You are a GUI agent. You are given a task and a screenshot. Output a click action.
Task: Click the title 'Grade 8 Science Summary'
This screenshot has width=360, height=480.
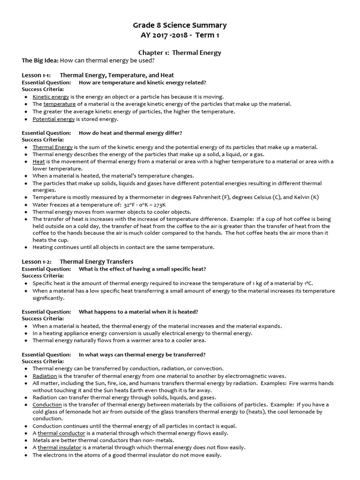click(x=180, y=25)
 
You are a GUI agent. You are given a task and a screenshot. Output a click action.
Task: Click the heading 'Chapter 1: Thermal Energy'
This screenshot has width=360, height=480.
click(x=180, y=53)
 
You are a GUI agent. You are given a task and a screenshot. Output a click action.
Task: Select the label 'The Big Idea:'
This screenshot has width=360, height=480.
click(x=40, y=60)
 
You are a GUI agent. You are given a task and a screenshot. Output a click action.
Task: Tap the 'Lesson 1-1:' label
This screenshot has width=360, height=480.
click(x=37, y=75)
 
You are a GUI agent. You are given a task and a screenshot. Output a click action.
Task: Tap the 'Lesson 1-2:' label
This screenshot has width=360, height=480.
click(x=37, y=262)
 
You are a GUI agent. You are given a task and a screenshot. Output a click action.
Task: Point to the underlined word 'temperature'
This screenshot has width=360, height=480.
click(x=60, y=104)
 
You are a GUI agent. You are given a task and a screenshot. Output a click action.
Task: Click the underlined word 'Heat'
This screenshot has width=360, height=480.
click(x=38, y=162)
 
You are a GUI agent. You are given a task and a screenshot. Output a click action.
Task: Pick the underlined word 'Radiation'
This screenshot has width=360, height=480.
click(x=45, y=376)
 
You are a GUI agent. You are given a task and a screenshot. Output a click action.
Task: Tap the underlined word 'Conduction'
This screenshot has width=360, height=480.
click(x=47, y=405)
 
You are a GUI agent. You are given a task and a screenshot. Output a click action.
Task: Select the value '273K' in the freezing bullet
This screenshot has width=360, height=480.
click(x=159, y=205)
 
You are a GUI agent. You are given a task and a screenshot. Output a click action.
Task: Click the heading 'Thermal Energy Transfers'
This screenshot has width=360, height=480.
click(x=97, y=262)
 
